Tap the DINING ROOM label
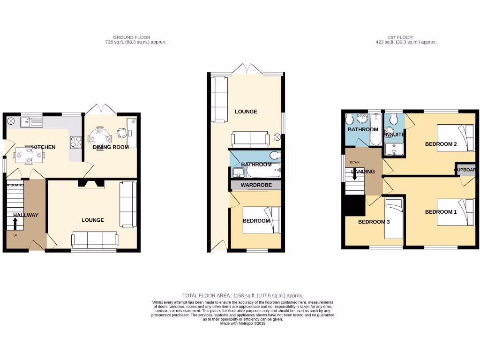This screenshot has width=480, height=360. point(111,147)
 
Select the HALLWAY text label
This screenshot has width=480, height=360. point(26,215)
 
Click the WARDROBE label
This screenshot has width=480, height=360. point(256,185)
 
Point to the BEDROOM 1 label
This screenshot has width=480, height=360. point(441,212)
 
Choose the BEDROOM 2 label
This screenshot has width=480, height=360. point(441,144)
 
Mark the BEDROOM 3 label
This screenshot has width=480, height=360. point(374,222)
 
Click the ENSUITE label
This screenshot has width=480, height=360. point(394,135)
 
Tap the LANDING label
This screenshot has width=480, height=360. point(363,172)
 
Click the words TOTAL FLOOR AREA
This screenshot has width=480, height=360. point(206,296)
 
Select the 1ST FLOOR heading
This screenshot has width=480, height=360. point(400,37)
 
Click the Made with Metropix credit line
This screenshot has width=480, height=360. point(242,323)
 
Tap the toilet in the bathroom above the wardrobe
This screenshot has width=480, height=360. point(274,156)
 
